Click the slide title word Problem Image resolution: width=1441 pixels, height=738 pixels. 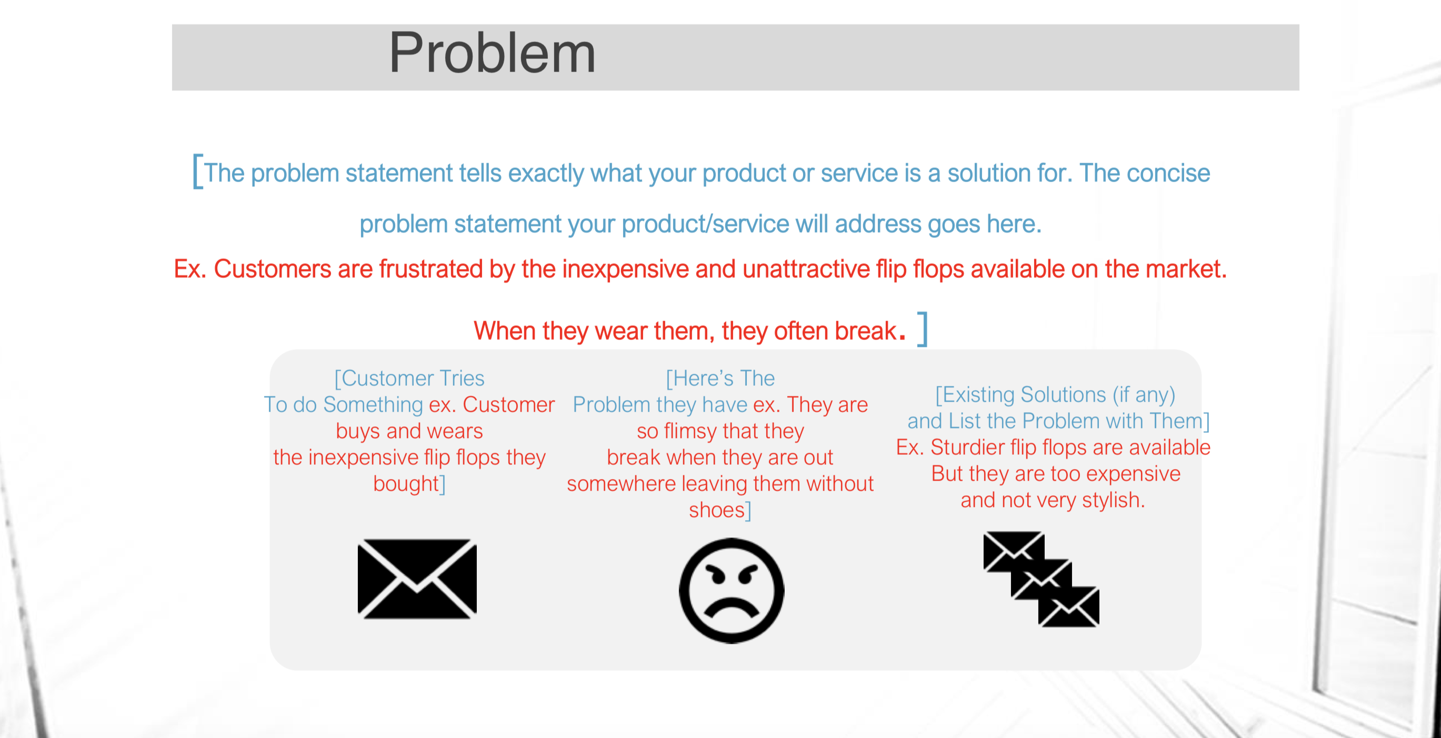492,53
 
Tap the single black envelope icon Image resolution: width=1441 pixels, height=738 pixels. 417,579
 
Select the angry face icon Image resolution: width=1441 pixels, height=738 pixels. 731,590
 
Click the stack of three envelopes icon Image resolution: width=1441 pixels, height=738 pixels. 1041,579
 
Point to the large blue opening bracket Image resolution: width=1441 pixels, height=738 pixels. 197,171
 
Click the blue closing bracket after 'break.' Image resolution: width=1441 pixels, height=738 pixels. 923,329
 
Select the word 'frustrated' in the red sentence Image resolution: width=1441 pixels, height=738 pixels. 431,269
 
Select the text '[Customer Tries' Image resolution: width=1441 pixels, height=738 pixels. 409,378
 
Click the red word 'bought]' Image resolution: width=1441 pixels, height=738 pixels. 409,483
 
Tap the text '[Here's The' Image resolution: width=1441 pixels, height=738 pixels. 720,378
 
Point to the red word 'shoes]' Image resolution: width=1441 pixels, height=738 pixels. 720,510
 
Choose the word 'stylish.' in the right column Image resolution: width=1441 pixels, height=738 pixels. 1113,500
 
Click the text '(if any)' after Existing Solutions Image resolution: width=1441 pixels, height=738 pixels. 1144,395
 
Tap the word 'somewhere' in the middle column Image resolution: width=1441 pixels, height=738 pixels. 621,484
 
